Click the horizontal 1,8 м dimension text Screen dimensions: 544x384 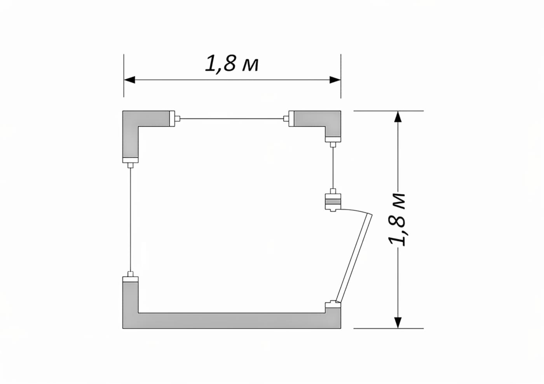click(232, 64)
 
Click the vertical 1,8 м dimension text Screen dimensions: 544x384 click(396, 220)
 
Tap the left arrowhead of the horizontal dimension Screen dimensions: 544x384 click(129, 80)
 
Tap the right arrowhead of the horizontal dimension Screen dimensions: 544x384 click(335, 80)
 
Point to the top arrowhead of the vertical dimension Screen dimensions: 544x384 click(398, 117)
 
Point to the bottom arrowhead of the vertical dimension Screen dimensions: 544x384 click(398, 323)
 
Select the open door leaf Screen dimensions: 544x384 click(354, 258)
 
